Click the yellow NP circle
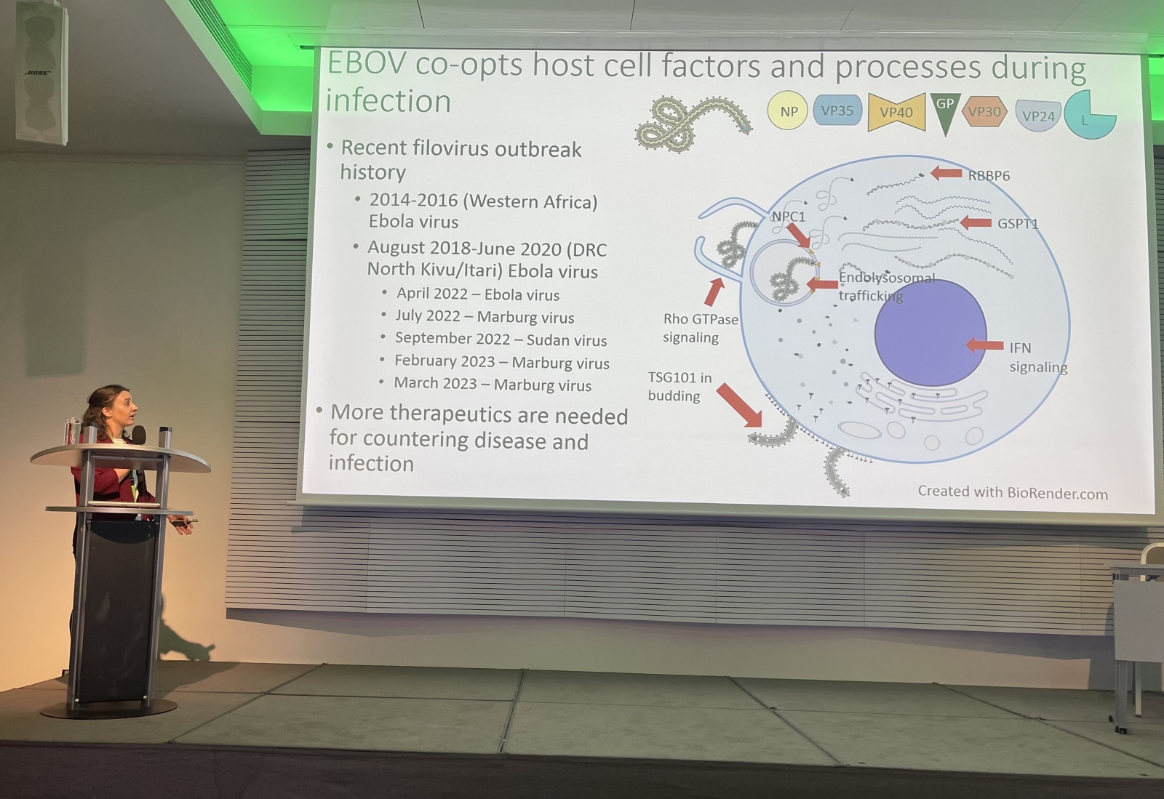click(788, 110)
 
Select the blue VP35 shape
click(837, 110)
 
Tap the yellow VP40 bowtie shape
click(896, 112)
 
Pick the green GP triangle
click(945, 113)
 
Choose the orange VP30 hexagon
click(985, 112)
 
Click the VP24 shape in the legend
click(1037, 116)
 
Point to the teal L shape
click(1088, 116)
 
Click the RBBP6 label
click(989, 176)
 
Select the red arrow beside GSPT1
click(976, 222)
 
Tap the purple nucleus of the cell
click(930, 333)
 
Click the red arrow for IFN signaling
click(985, 345)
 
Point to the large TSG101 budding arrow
click(739, 406)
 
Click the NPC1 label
click(788, 217)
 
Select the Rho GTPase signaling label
click(701, 328)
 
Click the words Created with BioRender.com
click(1012, 492)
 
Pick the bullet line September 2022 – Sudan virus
click(501, 339)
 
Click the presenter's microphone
click(139, 435)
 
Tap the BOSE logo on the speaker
click(38, 73)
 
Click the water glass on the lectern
click(72, 431)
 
